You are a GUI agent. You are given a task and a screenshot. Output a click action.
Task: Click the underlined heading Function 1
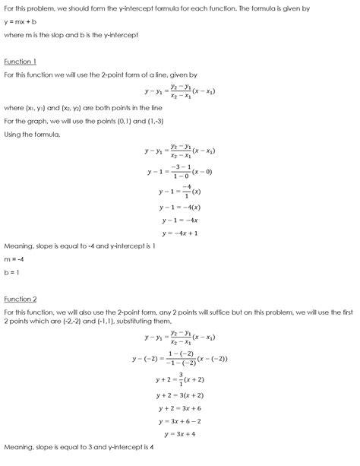pyautogui.click(x=20, y=61)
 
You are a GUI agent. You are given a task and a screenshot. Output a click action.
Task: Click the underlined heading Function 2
pyautogui.click(x=20, y=298)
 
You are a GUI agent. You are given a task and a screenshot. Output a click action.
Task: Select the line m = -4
pyautogui.click(x=16, y=259)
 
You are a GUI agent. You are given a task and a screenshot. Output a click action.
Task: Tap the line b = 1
pyautogui.click(x=13, y=271)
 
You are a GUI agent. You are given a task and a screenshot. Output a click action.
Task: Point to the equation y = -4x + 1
pyautogui.click(x=180, y=233)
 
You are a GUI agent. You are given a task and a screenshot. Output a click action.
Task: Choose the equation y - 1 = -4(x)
pyautogui.click(x=180, y=207)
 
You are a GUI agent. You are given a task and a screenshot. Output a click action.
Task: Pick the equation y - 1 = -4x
pyautogui.click(x=180, y=220)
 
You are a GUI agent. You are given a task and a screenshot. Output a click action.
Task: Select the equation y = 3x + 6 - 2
pyautogui.click(x=180, y=420)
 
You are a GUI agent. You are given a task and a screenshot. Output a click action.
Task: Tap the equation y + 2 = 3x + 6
pyautogui.click(x=180, y=407)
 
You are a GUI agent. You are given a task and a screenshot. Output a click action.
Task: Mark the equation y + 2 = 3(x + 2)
pyautogui.click(x=180, y=395)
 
